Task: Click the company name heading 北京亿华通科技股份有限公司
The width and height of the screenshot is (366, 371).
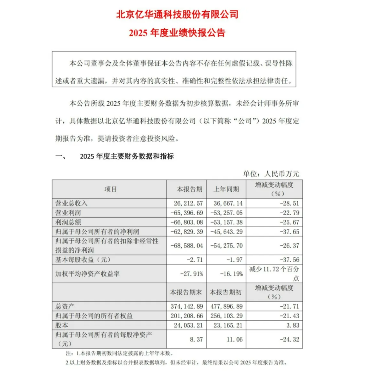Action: [x=177, y=15]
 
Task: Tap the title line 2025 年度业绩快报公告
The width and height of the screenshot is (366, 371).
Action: [x=177, y=33]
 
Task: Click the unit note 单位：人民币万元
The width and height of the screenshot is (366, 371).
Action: [x=271, y=174]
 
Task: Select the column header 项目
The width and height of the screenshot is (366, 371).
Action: [x=110, y=189]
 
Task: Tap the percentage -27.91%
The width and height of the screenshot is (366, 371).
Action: [x=191, y=273]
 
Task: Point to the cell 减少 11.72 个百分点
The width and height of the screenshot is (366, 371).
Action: [x=274, y=273]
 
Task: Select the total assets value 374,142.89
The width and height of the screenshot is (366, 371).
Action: [x=187, y=307]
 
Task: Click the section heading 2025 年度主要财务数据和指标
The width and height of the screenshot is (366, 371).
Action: [x=126, y=156]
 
